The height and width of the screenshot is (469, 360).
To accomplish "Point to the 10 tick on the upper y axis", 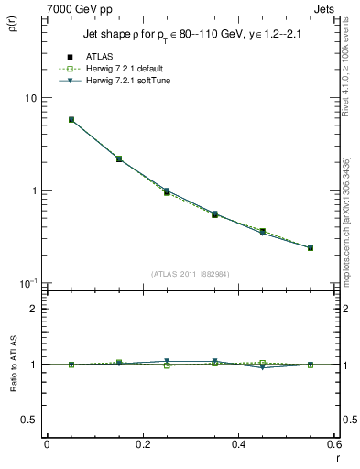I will tap(30, 98).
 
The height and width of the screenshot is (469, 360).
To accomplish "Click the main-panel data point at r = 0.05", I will tap(71, 119).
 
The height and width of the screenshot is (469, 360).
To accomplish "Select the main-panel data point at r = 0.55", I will tap(311, 247).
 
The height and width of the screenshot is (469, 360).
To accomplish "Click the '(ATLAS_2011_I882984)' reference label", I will tap(191, 273).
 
